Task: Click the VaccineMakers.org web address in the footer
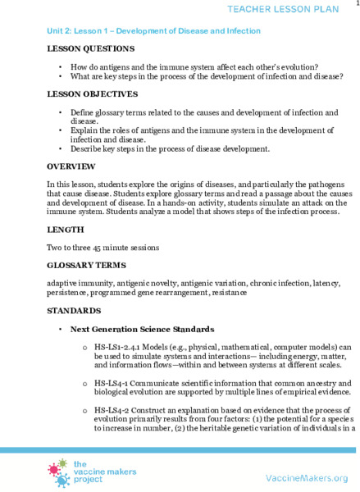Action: point(307,477)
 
